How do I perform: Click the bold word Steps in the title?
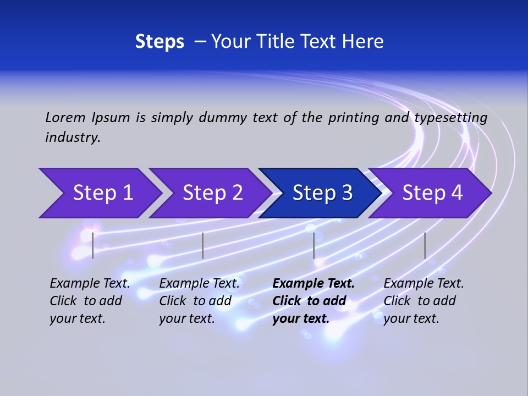(159, 42)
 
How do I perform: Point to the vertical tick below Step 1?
(93, 245)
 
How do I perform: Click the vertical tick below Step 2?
(203, 245)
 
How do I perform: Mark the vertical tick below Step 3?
(314, 245)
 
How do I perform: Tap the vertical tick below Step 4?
(425, 245)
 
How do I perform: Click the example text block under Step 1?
(90, 301)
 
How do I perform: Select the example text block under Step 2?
(199, 301)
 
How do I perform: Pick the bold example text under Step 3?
(313, 301)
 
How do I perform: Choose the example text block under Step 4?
(424, 301)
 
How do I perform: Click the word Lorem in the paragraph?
(65, 118)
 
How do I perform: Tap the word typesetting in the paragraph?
(450, 118)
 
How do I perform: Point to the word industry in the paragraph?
(73, 137)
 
